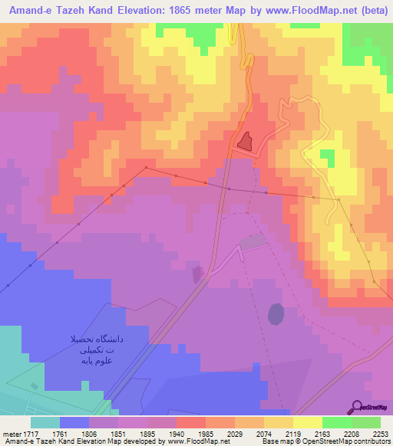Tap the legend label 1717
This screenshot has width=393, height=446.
[x=31, y=433]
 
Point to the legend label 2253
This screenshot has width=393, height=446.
[x=380, y=433]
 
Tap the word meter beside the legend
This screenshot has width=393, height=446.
[x=10, y=433]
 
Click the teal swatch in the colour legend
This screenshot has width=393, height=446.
[x=45, y=421]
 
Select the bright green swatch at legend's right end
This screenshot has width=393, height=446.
[x=366, y=421]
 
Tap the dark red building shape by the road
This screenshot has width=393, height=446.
[x=245, y=140]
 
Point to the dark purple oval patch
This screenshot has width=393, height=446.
[x=275, y=313]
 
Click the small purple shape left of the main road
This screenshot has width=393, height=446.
[x=198, y=274]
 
